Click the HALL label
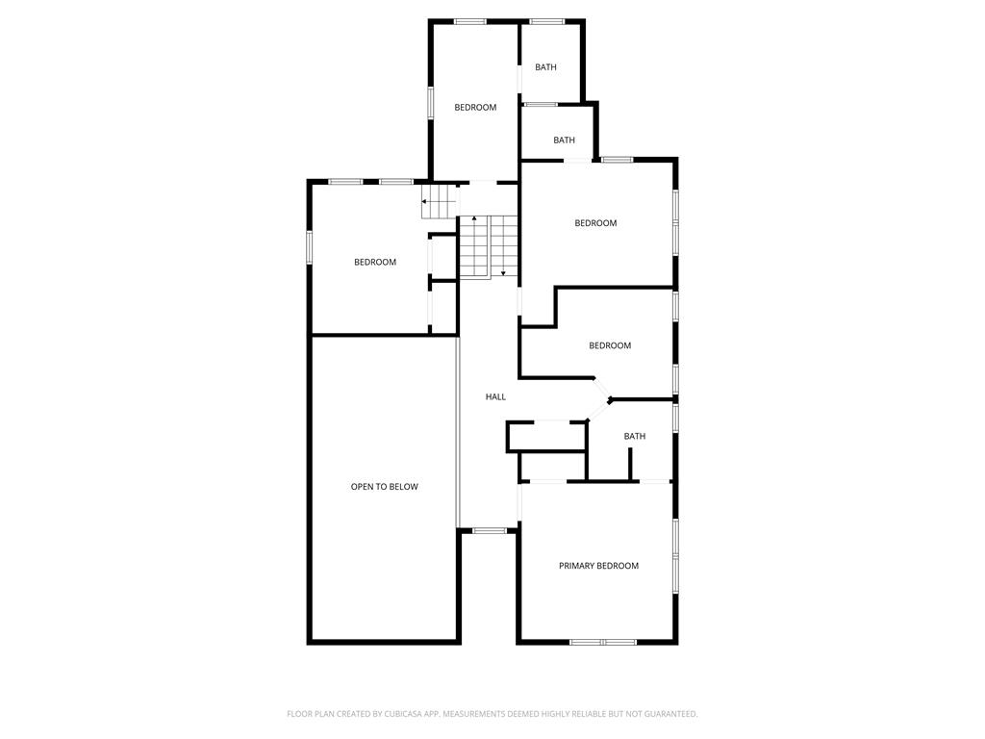pos(495,396)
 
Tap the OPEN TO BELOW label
pos(384,486)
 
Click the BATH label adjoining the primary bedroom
pos(635,436)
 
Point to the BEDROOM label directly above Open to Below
pos(375,262)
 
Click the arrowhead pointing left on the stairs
pos(424,202)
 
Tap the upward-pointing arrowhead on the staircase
pos(474,218)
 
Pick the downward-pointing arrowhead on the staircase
pos(503,273)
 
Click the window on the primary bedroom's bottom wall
pos(603,642)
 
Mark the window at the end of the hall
pos(490,531)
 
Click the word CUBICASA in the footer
pos(408,714)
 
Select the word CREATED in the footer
pos(353,714)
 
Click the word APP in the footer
pos(433,714)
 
